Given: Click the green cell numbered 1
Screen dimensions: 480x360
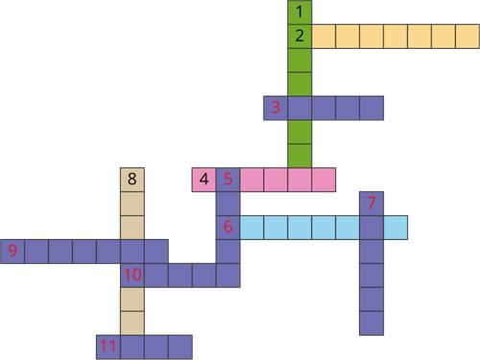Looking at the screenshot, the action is click(x=300, y=12).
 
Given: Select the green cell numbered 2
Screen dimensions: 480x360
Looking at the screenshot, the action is click(x=300, y=36).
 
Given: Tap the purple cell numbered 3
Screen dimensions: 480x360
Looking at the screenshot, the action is click(x=276, y=108).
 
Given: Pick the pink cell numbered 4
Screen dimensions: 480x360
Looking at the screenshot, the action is click(x=204, y=180).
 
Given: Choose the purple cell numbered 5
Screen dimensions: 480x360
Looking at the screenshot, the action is click(x=228, y=180).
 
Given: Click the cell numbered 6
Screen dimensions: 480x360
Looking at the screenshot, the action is click(x=228, y=228).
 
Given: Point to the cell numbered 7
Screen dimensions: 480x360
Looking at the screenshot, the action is click(x=372, y=204).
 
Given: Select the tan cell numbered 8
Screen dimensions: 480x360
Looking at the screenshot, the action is click(x=132, y=180).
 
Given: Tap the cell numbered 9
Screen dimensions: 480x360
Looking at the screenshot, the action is click(x=12, y=252).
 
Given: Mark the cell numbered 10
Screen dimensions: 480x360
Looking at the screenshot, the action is click(x=132, y=276).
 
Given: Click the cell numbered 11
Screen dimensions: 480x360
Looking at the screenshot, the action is click(x=108, y=347).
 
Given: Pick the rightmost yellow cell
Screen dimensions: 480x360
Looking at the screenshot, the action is click(x=468, y=36).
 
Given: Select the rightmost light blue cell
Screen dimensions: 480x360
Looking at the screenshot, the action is click(x=396, y=228).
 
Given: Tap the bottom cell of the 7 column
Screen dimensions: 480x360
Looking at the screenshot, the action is click(x=372, y=323).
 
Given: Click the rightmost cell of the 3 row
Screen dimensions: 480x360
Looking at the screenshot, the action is click(x=372, y=108).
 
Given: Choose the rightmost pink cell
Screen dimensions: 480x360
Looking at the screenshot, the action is click(x=324, y=180).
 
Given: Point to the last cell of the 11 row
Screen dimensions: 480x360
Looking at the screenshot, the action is click(x=180, y=347).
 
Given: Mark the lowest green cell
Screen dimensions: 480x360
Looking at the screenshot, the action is click(x=300, y=156).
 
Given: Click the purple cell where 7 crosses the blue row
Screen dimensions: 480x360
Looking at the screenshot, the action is click(x=372, y=228).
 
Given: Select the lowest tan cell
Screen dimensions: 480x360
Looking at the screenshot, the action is click(x=132, y=323).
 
